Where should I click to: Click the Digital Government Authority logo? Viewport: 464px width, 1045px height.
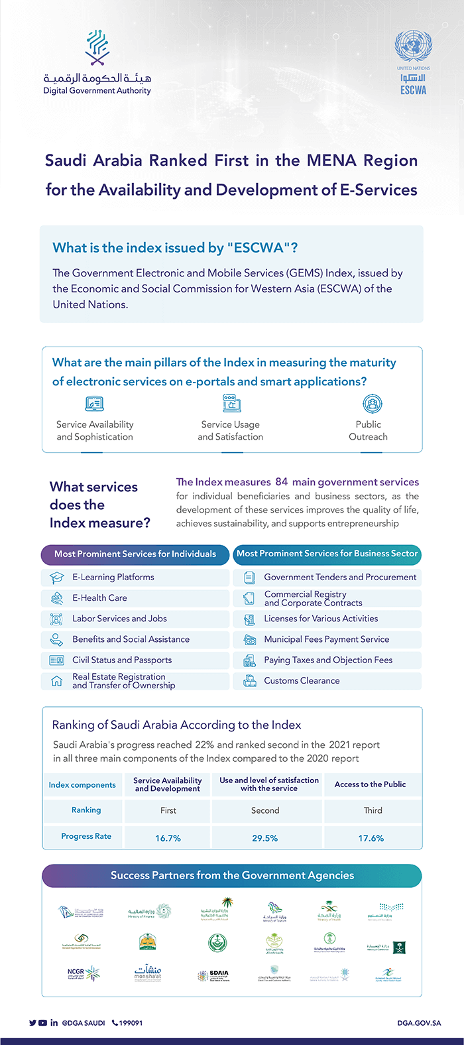click(x=97, y=63)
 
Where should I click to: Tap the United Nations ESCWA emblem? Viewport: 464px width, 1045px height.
click(x=413, y=62)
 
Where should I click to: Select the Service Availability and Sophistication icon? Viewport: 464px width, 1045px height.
click(x=95, y=404)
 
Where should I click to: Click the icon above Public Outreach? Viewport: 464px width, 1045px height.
click(x=372, y=404)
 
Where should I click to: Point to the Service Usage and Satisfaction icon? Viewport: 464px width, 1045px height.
click(x=231, y=403)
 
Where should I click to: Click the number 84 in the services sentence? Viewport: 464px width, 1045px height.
click(x=282, y=482)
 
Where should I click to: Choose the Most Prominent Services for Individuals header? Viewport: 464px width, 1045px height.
click(x=135, y=554)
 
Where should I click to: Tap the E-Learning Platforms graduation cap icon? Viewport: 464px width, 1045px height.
click(x=56, y=578)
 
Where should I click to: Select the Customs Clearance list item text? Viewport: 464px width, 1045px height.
click(x=302, y=681)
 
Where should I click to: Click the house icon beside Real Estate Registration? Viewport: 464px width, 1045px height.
click(x=56, y=682)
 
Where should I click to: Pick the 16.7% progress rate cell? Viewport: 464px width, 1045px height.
click(x=168, y=838)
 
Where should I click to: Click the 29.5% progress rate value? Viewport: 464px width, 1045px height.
click(x=264, y=838)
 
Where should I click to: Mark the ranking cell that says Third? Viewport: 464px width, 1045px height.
click(x=373, y=810)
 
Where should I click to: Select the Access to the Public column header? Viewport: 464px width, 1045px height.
click(x=370, y=784)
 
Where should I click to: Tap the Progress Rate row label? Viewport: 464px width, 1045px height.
click(x=86, y=837)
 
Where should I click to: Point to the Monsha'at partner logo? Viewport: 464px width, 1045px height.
click(x=148, y=973)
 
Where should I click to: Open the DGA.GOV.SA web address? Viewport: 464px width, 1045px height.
click(x=419, y=1023)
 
